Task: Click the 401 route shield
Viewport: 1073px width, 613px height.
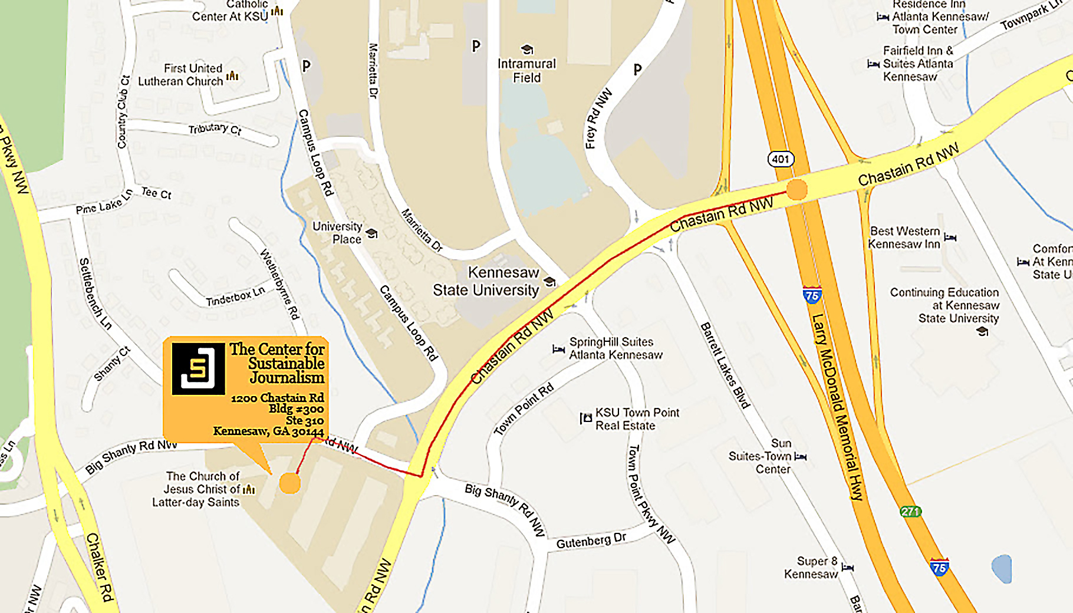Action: click(x=781, y=159)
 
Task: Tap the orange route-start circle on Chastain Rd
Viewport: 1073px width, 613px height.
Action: click(x=796, y=190)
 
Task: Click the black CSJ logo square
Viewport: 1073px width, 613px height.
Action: click(x=198, y=369)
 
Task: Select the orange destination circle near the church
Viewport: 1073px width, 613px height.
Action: click(x=289, y=483)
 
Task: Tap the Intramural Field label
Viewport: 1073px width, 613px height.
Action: click(x=526, y=71)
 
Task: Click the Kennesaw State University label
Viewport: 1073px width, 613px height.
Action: click(x=486, y=282)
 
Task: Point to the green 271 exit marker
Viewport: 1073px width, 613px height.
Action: click(x=910, y=511)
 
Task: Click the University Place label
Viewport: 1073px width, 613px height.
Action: click(x=338, y=233)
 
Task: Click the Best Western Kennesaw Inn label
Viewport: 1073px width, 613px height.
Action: click(x=904, y=238)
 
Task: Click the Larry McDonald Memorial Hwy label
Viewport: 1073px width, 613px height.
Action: click(x=838, y=407)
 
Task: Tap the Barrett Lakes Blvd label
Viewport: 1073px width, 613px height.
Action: click(x=725, y=365)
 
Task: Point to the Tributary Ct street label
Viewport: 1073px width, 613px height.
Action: click(x=215, y=128)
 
